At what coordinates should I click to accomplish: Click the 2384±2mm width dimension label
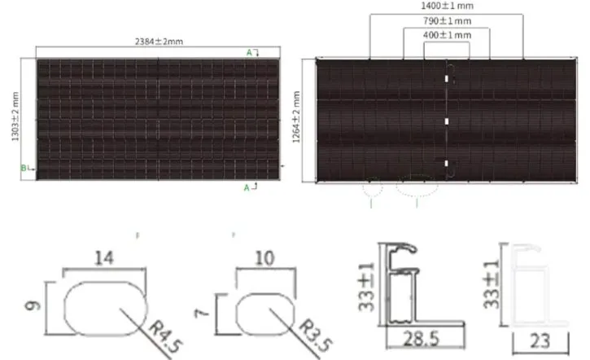coord(159,42)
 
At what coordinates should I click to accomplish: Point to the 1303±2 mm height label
coord(15,116)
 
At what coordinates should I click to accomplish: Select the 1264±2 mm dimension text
coord(296,116)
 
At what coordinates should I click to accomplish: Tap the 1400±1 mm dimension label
coord(447,6)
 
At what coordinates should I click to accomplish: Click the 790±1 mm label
coord(447,20)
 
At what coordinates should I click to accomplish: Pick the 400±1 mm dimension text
coord(447,35)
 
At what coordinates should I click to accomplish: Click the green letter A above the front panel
coord(249,53)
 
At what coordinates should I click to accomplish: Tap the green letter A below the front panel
coord(247,187)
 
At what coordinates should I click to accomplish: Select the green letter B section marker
coord(24,168)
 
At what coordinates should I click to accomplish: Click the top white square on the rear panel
coord(447,79)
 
